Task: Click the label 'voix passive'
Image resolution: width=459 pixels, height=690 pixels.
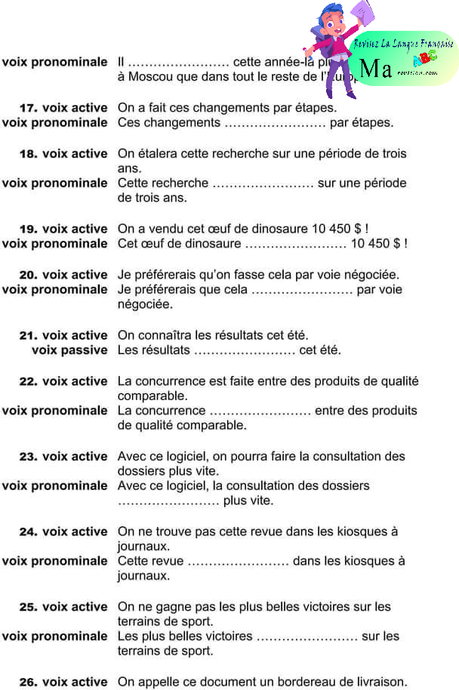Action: click(69, 350)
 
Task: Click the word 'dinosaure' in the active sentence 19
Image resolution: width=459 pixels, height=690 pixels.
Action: click(276, 229)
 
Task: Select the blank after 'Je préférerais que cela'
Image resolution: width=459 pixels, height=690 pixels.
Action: click(302, 289)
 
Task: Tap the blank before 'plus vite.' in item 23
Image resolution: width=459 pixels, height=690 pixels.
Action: click(168, 501)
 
